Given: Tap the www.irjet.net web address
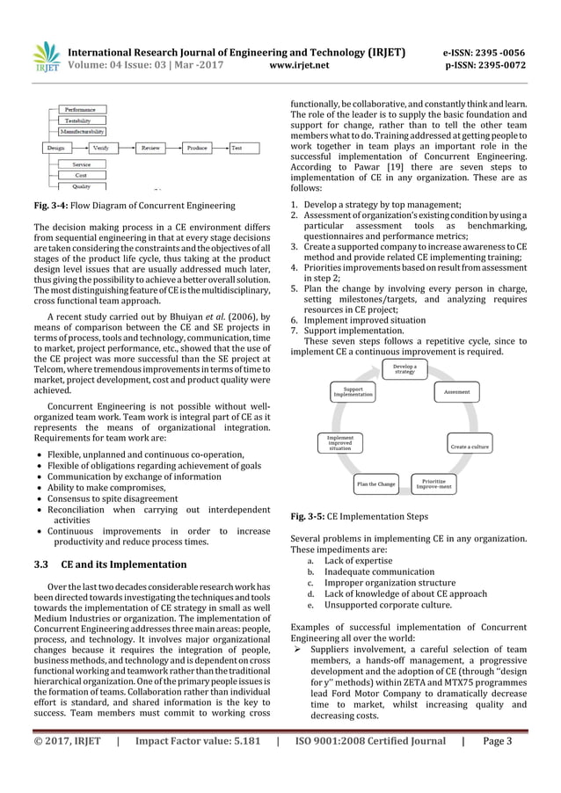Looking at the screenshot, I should pyautogui.click(x=302, y=64).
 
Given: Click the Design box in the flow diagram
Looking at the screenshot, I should pyautogui.click(x=55, y=149).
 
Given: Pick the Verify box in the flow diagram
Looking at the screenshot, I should pyautogui.click(x=101, y=149).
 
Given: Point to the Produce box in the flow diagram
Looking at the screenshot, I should pyautogui.click(x=197, y=149).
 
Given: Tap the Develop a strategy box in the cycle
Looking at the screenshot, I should pyautogui.click(x=404, y=367).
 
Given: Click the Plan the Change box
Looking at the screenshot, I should pyautogui.click(x=375, y=484).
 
